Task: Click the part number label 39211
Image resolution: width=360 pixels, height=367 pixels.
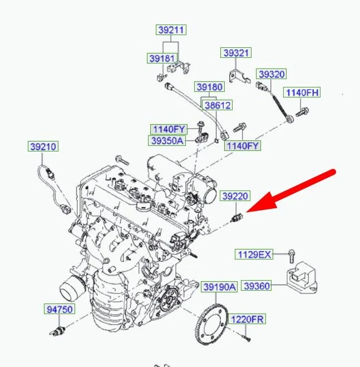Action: (x=171, y=30)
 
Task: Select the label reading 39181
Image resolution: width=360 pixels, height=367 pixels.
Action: (x=162, y=58)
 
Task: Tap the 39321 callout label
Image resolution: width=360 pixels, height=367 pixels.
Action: (x=236, y=53)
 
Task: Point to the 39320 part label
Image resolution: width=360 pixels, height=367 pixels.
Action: (x=272, y=74)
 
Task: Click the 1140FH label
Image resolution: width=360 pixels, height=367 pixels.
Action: (x=302, y=92)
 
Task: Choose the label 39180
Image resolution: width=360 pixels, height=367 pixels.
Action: (x=210, y=87)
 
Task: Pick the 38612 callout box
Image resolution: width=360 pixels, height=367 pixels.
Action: (x=218, y=105)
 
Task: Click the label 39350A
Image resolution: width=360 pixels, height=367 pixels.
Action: (x=167, y=141)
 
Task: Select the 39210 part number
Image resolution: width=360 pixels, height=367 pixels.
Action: (x=43, y=146)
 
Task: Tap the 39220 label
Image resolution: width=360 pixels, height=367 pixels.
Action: (x=235, y=196)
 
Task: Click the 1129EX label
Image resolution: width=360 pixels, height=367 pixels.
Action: (x=254, y=254)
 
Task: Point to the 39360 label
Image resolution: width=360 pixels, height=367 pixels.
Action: (x=257, y=286)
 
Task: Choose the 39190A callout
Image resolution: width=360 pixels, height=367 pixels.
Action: (x=219, y=287)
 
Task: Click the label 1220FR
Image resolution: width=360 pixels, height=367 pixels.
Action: (x=247, y=319)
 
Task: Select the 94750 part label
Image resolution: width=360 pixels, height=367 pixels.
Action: (x=60, y=309)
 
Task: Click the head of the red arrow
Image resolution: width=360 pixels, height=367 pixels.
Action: (x=248, y=212)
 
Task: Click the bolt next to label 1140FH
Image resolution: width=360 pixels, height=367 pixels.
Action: (x=302, y=112)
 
